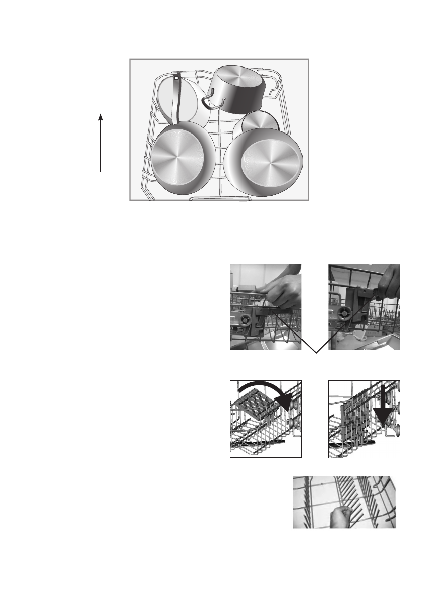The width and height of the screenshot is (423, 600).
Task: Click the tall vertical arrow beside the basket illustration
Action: (101, 144)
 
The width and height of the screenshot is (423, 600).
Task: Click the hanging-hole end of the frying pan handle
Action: (176, 78)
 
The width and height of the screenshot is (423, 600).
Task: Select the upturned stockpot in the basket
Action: (237, 90)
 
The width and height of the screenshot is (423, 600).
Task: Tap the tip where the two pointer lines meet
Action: (316, 353)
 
